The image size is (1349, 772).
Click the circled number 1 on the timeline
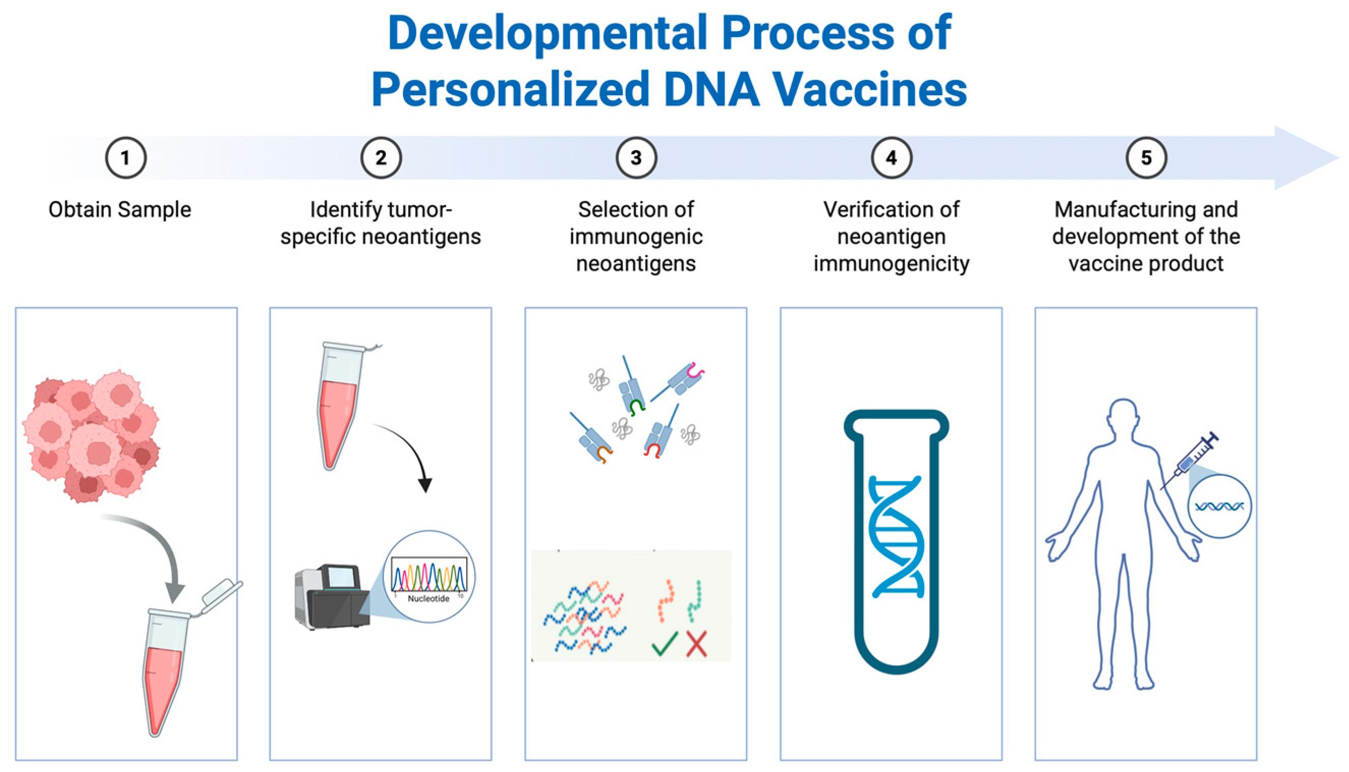pos(126,157)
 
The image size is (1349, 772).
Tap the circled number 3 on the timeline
pos(636,157)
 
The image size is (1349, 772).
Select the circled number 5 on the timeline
pos(1146,157)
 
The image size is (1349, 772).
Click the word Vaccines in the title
pos(869,89)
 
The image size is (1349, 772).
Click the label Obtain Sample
pos(120,210)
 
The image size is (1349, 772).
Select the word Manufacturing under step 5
pos(1100,210)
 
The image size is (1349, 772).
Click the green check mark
pos(665,644)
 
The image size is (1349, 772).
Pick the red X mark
pos(696,644)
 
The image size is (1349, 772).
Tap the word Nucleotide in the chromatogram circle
pos(428,598)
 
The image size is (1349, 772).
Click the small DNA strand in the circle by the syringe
pos(1219,507)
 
